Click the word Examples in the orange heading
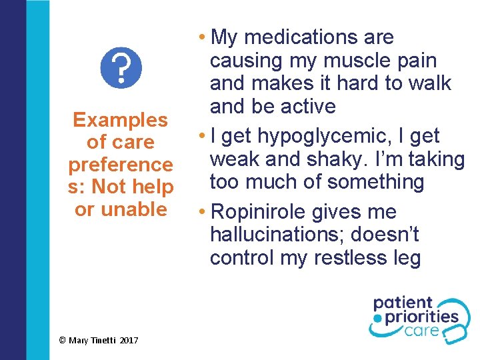(x=120, y=120)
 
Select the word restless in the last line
(x=359, y=258)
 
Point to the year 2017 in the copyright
(x=129, y=341)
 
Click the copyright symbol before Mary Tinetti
(x=62, y=341)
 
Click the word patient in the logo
(x=403, y=304)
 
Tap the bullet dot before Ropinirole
(x=203, y=213)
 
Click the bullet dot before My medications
(x=203, y=37)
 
